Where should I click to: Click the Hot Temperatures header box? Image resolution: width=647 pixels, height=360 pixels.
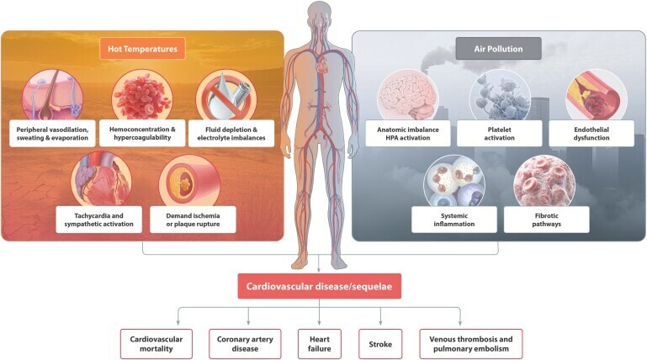click(x=142, y=49)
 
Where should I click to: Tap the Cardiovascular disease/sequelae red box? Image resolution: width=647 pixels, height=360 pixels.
click(x=322, y=288)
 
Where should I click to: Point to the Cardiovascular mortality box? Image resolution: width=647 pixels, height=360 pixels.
click(x=156, y=343)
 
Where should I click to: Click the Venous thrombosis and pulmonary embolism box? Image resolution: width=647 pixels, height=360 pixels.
click(x=470, y=343)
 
